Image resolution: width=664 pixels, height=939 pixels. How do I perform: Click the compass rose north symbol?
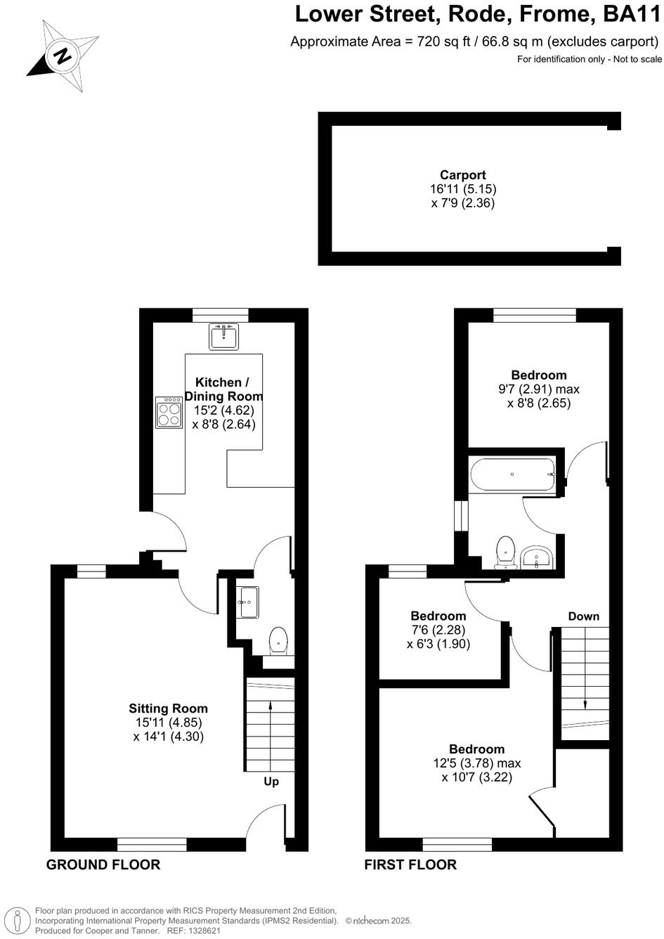[63, 56]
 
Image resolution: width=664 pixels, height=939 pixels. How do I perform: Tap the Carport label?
[463, 175]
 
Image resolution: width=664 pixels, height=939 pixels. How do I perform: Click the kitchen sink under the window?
[225, 337]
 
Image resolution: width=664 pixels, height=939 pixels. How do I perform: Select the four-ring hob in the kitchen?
[169, 413]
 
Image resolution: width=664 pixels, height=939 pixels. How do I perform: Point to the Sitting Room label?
[169, 708]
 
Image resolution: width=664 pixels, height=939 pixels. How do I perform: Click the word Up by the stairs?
[271, 782]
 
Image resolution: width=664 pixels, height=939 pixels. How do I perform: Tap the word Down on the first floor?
[583, 616]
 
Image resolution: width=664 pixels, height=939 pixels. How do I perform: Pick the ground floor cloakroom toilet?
[279, 640]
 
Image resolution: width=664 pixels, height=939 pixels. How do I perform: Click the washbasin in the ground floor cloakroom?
[247, 602]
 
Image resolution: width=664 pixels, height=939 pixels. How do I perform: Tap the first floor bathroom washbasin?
[538, 558]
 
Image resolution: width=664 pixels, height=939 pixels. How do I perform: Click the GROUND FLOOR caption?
[103, 864]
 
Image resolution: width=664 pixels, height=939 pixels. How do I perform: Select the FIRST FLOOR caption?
[410, 864]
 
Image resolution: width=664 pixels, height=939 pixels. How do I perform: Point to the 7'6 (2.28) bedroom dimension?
[438, 630]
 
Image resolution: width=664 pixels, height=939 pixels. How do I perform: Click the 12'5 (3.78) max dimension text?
[477, 763]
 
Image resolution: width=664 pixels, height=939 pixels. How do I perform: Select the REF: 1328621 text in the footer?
[193, 930]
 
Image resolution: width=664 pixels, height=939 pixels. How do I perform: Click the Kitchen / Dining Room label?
[222, 389]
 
